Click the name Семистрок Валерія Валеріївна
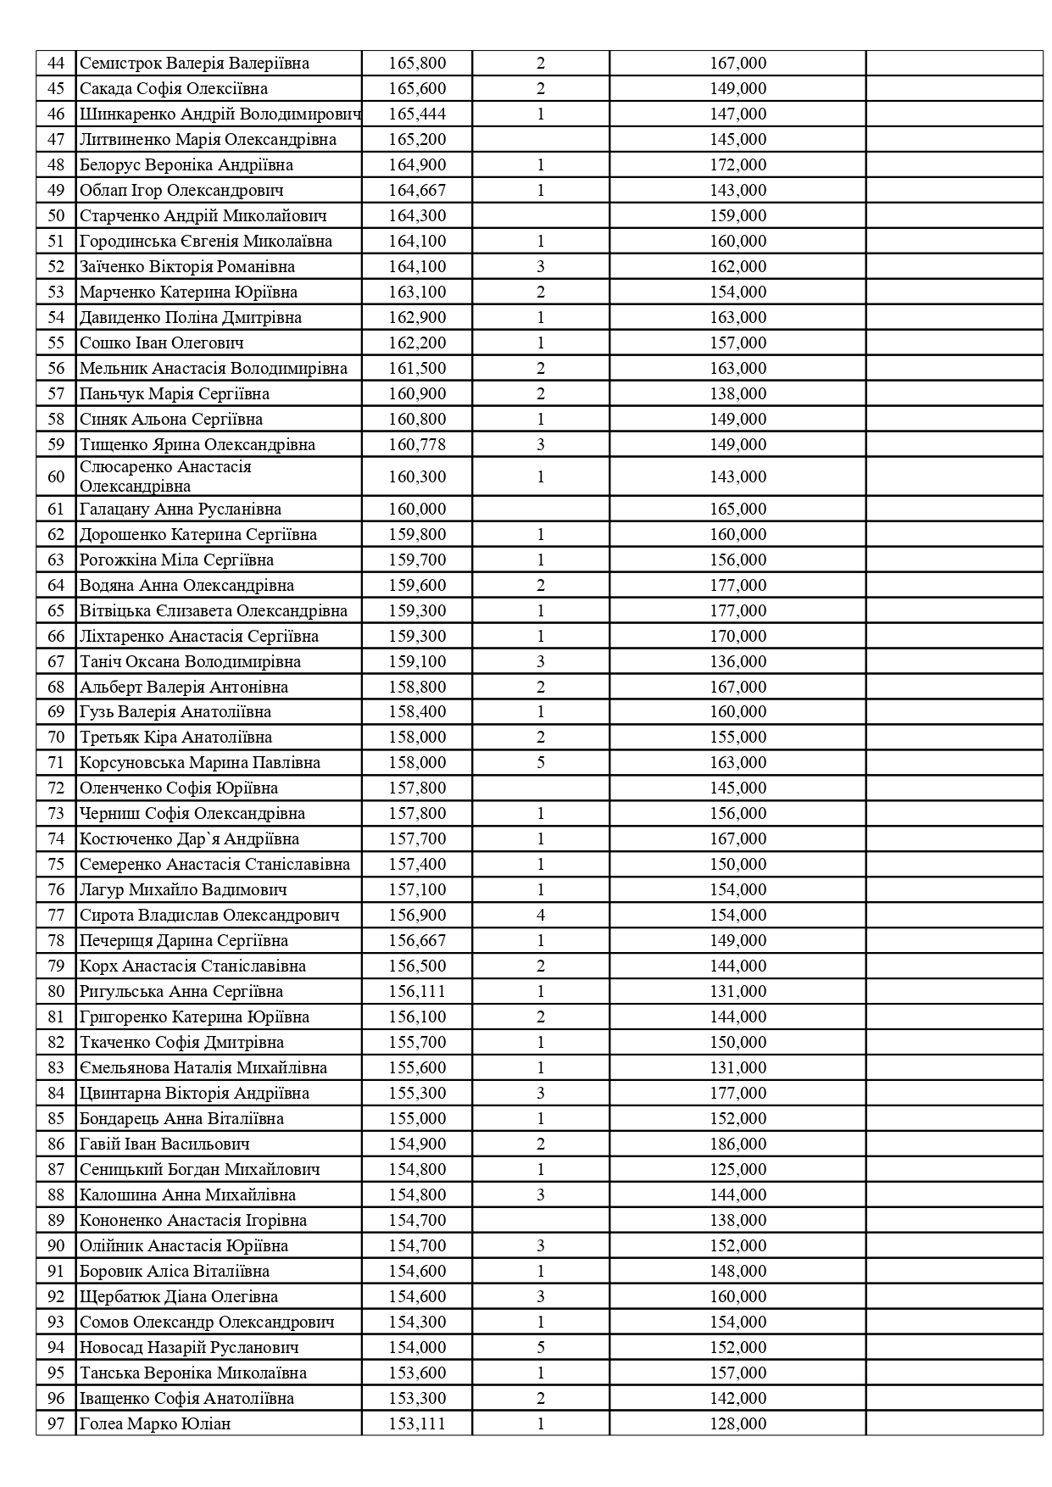coord(194,64)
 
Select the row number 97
coord(56,1423)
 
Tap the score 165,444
coord(417,114)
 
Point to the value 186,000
coord(738,1144)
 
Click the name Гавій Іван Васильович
coord(164,1144)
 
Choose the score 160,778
coord(417,445)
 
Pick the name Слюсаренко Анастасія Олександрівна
coord(165,476)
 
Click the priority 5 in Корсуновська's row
coord(541,762)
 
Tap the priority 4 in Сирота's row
coord(541,915)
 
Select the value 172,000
coord(738,165)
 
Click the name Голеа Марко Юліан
coord(155,1423)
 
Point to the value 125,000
coord(738,1169)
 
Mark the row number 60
coord(56,476)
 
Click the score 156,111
coord(417,991)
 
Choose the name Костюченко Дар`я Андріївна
coord(189,838)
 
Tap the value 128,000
coord(738,1423)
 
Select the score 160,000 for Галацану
coord(417,509)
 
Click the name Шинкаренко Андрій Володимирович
coord(220,114)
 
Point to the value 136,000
coord(738,661)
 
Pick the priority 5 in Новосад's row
coord(541,1347)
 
